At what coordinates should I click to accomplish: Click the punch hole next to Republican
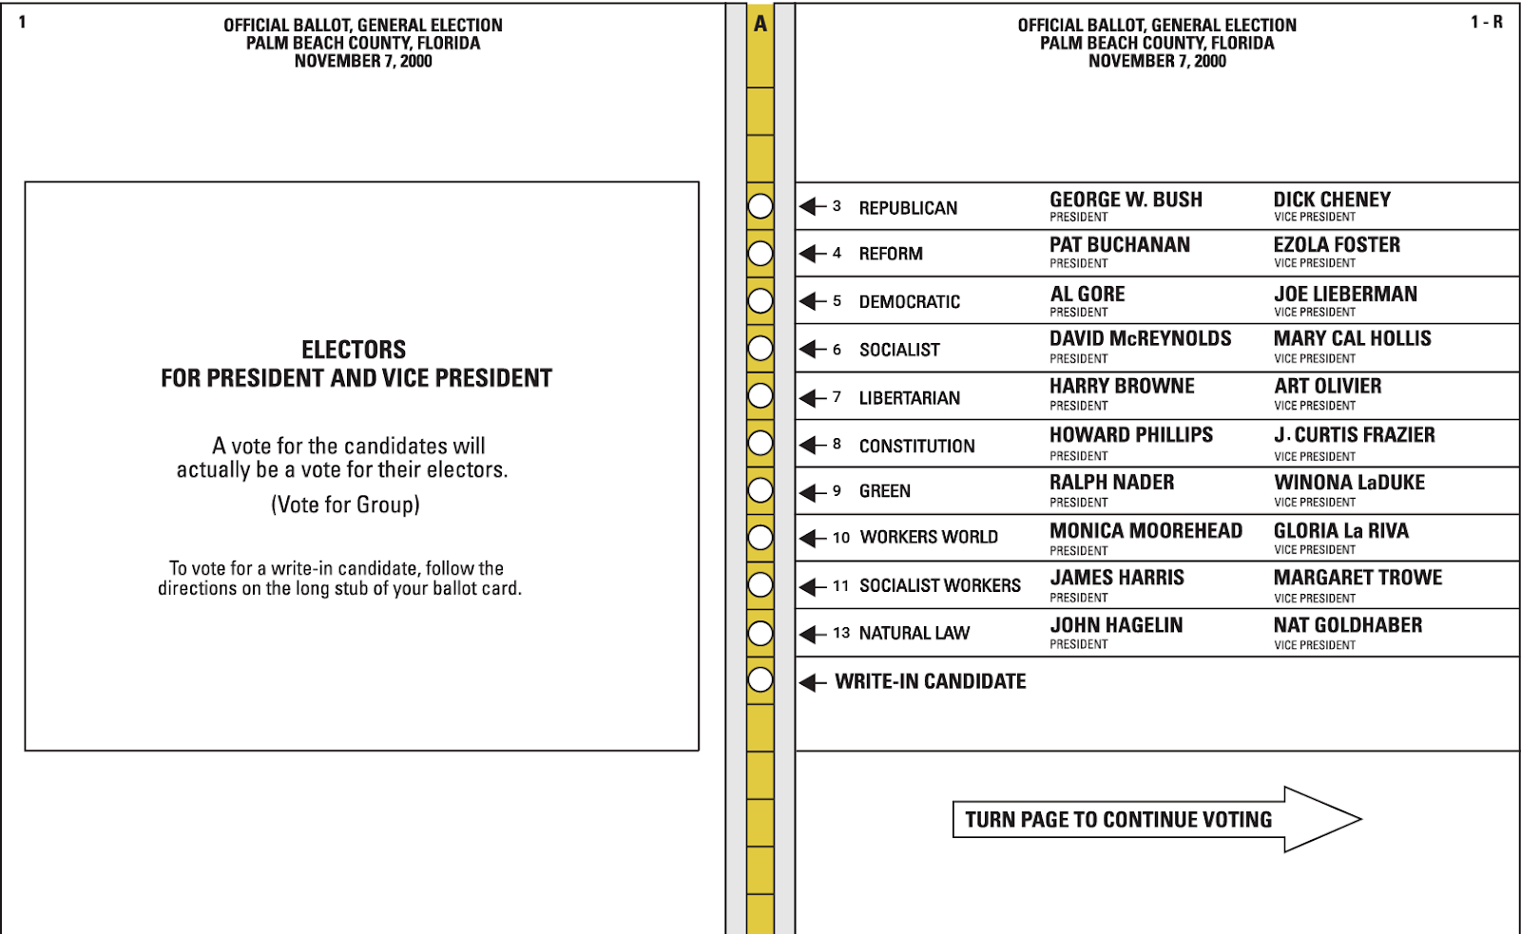(760, 206)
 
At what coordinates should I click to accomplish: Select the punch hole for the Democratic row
(760, 301)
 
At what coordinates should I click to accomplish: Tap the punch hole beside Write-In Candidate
(760, 680)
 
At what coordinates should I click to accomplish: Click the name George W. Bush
(1126, 200)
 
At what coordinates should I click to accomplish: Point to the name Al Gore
(1088, 295)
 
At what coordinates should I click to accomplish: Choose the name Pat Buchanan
(1120, 245)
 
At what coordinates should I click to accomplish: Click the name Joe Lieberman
(1345, 295)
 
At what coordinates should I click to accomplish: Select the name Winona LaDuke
(1349, 483)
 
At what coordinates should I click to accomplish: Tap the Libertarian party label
(909, 398)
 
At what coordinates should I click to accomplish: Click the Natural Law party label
(914, 633)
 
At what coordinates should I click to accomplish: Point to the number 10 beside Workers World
(841, 538)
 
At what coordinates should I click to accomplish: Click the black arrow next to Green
(813, 492)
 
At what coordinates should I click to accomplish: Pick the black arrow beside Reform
(813, 254)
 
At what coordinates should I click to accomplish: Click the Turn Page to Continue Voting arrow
(1156, 819)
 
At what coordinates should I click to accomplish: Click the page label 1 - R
(1487, 22)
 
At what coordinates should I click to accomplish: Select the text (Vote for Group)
(345, 505)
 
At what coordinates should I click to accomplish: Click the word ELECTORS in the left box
(354, 350)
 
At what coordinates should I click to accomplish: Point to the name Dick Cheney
(1332, 200)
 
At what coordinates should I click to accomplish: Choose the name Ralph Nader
(1111, 483)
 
